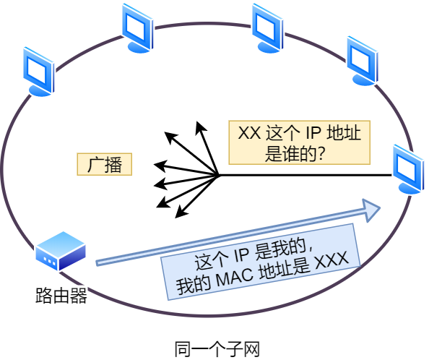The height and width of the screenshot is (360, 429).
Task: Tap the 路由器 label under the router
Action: click(61, 296)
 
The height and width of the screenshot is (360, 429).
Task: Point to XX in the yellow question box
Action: click(249, 134)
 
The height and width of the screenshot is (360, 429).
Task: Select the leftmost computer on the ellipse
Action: click(38, 71)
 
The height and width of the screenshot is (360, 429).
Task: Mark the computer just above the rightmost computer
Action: click(362, 61)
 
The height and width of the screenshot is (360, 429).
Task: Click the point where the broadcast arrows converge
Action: click(218, 175)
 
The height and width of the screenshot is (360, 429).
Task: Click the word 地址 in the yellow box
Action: click(347, 134)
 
